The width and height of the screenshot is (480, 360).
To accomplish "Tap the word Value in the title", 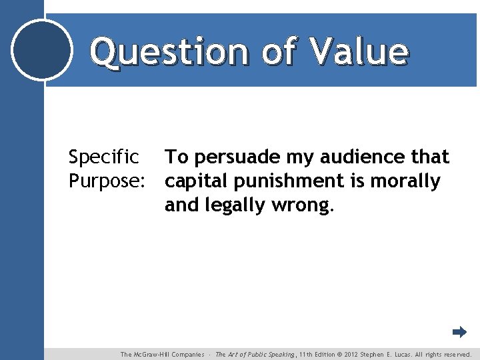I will [x=358, y=51].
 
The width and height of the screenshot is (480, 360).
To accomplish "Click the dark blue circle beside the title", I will [x=42, y=50].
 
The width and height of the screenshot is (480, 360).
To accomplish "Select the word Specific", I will [x=104, y=157].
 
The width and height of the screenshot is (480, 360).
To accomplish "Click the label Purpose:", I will [x=107, y=181].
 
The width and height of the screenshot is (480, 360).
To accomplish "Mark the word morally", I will [x=406, y=181].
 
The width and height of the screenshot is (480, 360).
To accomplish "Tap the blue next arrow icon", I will [x=459, y=332].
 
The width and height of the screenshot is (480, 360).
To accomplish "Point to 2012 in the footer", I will [x=353, y=355].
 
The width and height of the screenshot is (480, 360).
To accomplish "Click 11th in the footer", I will [x=308, y=355].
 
